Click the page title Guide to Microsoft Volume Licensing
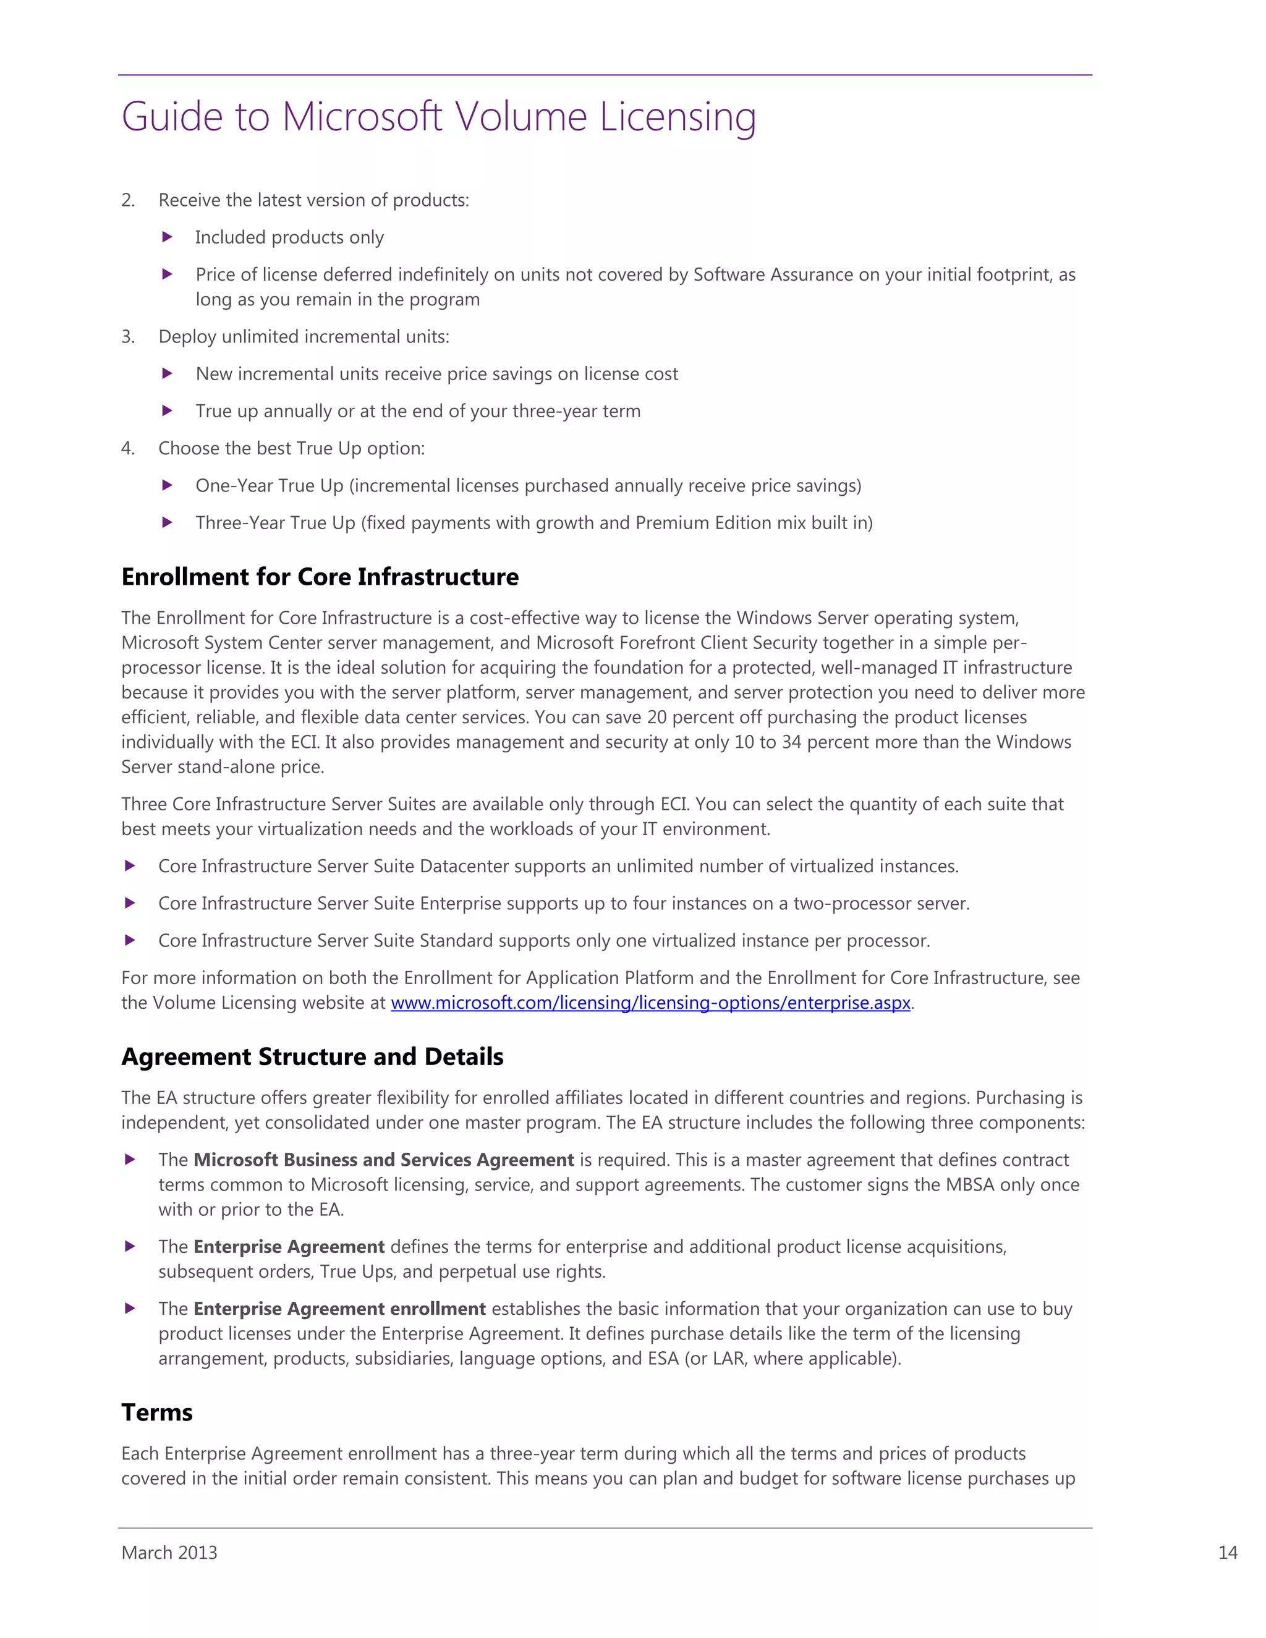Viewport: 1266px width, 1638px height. click(x=438, y=117)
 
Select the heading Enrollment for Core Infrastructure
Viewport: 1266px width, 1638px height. click(x=320, y=577)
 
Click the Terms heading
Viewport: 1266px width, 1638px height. click(x=157, y=1412)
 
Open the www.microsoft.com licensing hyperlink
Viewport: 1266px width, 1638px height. click(x=650, y=1003)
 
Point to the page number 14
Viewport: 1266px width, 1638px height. click(x=1227, y=1553)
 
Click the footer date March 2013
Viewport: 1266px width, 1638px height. click(x=169, y=1553)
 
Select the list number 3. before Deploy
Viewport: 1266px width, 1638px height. click(x=128, y=337)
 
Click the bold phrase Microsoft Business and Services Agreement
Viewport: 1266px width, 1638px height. click(x=383, y=1160)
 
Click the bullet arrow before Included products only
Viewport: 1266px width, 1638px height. click(x=168, y=237)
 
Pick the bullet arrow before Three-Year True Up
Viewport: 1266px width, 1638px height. click(x=168, y=523)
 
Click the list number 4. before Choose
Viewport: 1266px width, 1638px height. click(x=128, y=449)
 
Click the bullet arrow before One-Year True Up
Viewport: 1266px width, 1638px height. click(x=168, y=485)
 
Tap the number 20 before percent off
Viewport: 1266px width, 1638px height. click(x=656, y=717)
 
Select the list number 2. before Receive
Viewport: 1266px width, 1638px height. click(x=128, y=200)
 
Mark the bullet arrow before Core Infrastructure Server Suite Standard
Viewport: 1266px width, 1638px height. click(x=130, y=941)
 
